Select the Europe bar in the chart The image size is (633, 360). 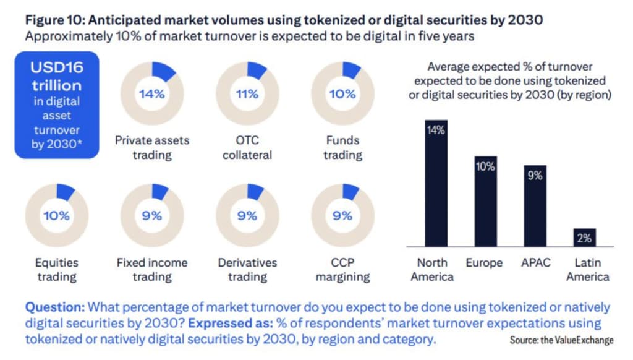click(x=485, y=202)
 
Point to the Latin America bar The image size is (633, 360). click(x=585, y=238)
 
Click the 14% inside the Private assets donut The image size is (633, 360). click(x=151, y=94)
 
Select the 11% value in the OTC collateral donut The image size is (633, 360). click(x=247, y=94)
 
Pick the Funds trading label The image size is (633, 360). click(x=342, y=147)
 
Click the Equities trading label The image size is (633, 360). click(x=56, y=270)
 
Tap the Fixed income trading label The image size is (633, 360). click(x=151, y=270)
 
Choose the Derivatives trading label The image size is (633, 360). click(x=247, y=270)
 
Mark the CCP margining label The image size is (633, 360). click(x=342, y=270)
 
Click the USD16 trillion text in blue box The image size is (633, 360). click(x=57, y=75)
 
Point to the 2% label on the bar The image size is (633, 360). click(x=585, y=238)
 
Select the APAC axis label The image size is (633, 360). click(x=535, y=263)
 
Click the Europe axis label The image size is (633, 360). click(x=485, y=263)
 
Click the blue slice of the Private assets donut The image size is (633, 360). click(x=163, y=73)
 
